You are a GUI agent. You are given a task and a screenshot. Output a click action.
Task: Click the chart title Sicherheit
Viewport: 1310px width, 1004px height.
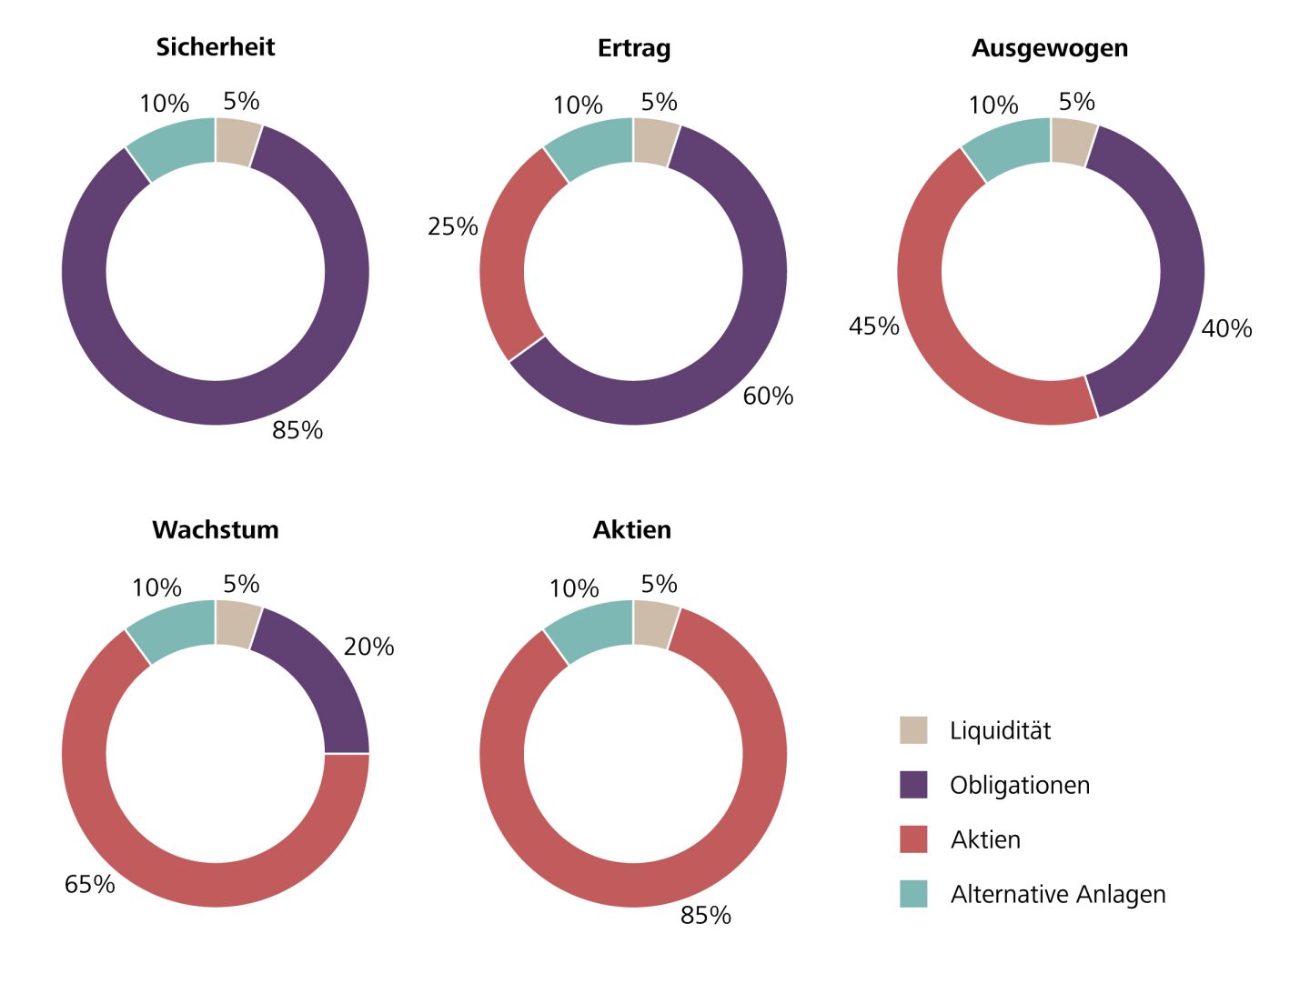click(x=216, y=47)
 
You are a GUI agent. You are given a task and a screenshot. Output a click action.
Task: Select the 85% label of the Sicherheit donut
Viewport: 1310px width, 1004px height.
click(x=297, y=430)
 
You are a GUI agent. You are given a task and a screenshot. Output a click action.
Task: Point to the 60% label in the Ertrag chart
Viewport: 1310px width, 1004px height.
click(x=768, y=397)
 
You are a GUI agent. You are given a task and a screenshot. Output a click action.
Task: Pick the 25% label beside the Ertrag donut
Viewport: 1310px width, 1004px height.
click(x=452, y=226)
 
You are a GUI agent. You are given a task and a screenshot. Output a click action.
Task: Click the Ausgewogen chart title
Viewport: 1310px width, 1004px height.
click(x=1050, y=48)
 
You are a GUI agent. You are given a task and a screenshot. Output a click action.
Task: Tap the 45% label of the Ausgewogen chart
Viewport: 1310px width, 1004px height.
click(x=873, y=326)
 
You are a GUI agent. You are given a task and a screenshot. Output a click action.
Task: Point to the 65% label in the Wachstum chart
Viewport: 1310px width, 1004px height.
click(x=89, y=885)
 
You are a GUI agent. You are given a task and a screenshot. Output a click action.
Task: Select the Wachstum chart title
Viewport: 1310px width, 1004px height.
click(x=216, y=530)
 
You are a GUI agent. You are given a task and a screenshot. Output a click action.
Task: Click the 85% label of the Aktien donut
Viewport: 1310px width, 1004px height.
click(x=705, y=916)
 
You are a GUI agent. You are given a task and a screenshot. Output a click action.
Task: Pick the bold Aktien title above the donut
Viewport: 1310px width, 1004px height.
click(x=632, y=530)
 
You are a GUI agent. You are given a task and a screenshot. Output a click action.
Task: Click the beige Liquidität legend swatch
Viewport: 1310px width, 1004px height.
click(x=913, y=730)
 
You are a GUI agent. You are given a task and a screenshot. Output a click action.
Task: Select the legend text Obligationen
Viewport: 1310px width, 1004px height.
click(x=1019, y=786)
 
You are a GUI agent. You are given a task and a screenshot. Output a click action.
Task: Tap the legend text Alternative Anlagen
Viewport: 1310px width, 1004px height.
click(x=1057, y=895)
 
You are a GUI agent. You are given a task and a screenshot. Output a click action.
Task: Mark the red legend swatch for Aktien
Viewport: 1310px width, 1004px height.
click(x=913, y=839)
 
